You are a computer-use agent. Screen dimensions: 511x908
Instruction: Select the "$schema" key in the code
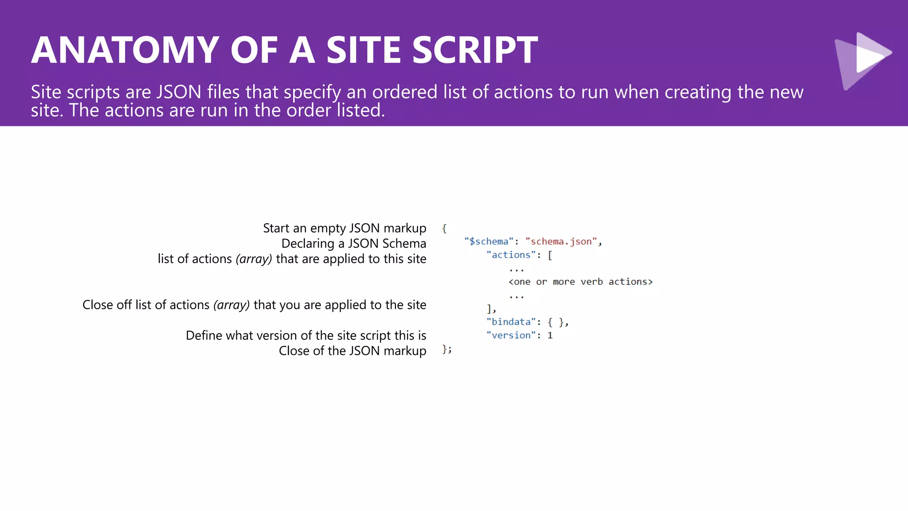coord(489,242)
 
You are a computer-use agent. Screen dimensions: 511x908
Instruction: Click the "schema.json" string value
coord(561,242)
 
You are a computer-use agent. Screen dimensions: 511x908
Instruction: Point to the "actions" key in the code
coord(511,255)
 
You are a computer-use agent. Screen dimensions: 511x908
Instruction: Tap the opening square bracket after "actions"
coord(550,255)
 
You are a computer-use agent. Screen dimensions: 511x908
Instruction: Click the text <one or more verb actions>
coord(580,282)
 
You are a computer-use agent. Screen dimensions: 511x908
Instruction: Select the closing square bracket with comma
coord(491,309)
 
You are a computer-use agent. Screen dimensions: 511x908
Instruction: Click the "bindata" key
coord(511,322)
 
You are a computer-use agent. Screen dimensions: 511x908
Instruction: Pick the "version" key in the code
coord(511,335)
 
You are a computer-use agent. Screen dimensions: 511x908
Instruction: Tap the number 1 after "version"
coord(550,335)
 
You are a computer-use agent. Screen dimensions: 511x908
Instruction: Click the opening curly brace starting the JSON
coord(444,228)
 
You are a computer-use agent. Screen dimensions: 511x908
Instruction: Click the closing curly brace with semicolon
coord(446,350)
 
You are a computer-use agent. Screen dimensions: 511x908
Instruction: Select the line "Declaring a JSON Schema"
coord(353,244)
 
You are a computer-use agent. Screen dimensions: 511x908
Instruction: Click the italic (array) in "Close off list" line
coord(231,305)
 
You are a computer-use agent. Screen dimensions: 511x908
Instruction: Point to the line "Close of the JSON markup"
coord(352,351)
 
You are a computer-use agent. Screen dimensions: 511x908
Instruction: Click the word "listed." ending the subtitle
coord(360,110)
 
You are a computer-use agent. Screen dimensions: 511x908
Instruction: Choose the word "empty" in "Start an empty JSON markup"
coord(328,228)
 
